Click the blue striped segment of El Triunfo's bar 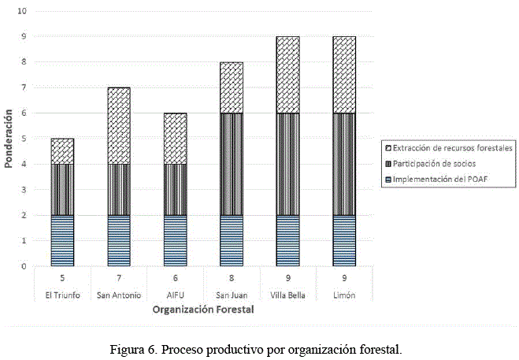(x=62, y=240)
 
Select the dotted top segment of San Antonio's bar (x=119, y=125)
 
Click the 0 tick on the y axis (x=24, y=266)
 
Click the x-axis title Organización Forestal (x=203, y=310)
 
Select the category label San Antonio (x=119, y=295)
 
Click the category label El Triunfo (x=62, y=295)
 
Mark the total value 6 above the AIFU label (x=176, y=278)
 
